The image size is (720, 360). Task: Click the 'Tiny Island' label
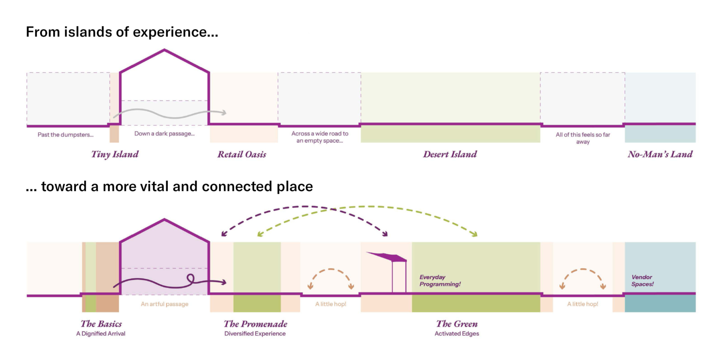[x=115, y=154]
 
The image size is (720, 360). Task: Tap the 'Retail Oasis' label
[x=242, y=154]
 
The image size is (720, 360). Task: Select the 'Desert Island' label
[x=450, y=154]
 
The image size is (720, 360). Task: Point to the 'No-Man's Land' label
[x=660, y=154]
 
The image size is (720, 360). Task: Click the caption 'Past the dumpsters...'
[x=66, y=135]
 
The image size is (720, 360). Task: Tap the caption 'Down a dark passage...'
[x=164, y=134]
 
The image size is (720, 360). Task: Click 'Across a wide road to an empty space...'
[x=319, y=137]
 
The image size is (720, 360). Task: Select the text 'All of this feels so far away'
[x=583, y=138]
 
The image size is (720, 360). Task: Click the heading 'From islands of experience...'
[x=122, y=32]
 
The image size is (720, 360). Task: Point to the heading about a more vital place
[x=169, y=186]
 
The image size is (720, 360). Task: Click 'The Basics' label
[x=101, y=324]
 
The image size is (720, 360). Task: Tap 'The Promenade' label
[x=255, y=324]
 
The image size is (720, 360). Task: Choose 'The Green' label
[x=457, y=324]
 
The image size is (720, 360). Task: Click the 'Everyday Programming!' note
[x=440, y=281]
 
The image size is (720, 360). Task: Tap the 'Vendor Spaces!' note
[x=642, y=281]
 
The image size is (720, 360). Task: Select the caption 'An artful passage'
[x=164, y=304]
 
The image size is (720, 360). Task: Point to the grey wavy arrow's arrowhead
[x=223, y=112]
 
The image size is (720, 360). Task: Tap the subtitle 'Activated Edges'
[x=457, y=334]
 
